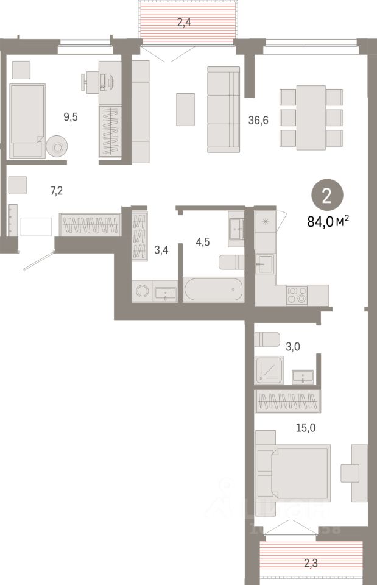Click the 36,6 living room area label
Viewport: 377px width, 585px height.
259,121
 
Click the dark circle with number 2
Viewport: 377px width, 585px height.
327,196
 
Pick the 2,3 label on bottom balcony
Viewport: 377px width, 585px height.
311,564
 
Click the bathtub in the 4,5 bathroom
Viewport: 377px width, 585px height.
214,289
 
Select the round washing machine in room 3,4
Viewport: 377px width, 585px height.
143,291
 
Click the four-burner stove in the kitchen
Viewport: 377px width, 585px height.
297,295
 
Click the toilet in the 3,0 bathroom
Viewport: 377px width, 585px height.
267,339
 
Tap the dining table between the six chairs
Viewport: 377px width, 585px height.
311,117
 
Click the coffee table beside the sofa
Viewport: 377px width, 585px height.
185,110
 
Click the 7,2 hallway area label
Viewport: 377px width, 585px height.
57,191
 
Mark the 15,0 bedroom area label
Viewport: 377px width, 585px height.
306,428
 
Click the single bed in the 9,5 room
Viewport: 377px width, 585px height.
28,121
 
